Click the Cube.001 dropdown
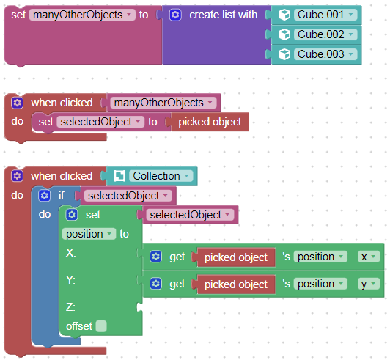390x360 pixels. point(325,15)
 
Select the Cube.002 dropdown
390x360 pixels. point(325,34)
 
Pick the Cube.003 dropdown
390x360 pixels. point(325,54)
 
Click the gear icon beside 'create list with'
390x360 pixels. point(175,15)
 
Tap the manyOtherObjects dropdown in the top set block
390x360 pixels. point(82,15)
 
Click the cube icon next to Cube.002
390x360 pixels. point(284,34)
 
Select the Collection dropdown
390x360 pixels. point(161,176)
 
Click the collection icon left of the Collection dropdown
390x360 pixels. point(119,176)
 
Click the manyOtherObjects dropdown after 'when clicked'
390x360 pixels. point(163,103)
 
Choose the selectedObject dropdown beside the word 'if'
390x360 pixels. point(128,196)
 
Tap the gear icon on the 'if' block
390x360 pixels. point(45,196)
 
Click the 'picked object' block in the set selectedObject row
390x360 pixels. point(210,122)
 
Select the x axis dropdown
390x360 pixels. point(369,257)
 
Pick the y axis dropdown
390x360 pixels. point(369,284)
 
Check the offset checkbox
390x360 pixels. point(101,326)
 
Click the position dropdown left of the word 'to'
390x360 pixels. point(89,234)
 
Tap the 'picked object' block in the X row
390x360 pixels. point(236,257)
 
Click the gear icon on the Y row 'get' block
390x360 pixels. point(156,284)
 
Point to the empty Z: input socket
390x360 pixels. point(140,307)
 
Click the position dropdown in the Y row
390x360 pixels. point(320,284)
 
